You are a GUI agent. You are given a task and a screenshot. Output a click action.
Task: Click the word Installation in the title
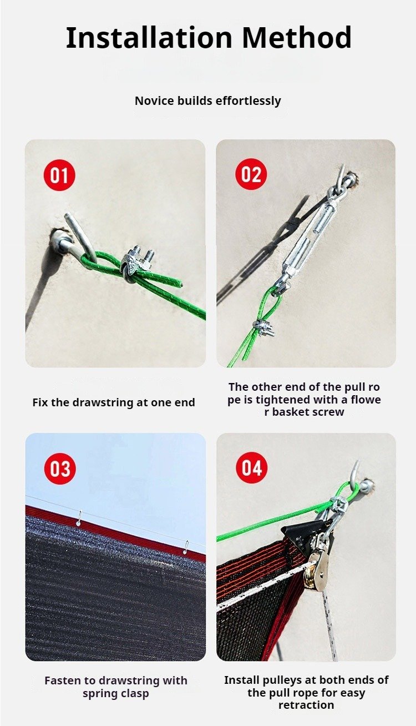pyautogui.click(x=149, y=38)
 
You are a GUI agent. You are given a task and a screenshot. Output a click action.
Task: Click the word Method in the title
pyautogui.click(x=296, y=38)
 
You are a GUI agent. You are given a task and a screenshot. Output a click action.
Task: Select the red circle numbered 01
pyautogui.click(x=59, y=175)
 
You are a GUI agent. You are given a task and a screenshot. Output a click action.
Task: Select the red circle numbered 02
pyautogui.click(x=251, y=174)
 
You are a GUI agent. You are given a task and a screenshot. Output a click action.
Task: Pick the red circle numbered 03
pyautogui.click(x=60, y=468)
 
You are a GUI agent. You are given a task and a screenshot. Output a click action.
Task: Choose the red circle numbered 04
pyautogui.click(x=252, y=468)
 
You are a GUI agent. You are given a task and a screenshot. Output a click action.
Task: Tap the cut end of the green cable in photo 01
pyautogui.click(x=180, y=285)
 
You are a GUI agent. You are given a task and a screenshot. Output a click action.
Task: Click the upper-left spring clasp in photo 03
pyautogui.click(x=79, y=519)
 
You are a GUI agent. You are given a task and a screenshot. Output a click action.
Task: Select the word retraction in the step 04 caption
pyautogui.click(x=306, y=705)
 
